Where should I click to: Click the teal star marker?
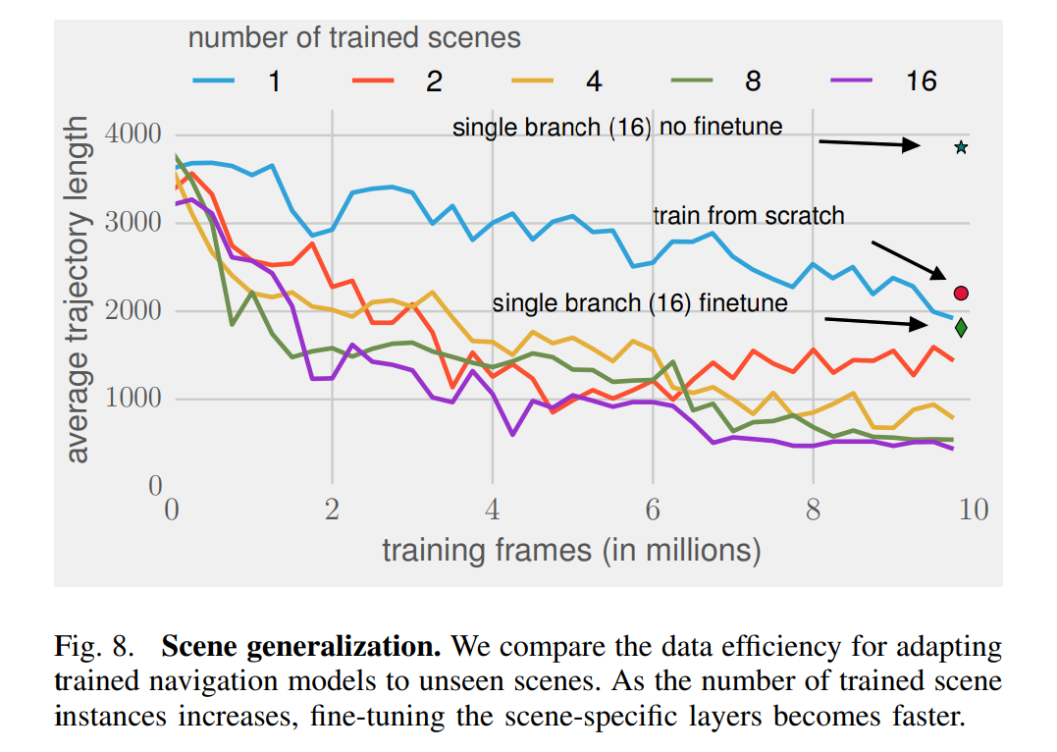coord(961,148)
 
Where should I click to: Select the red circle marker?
coord(961,293)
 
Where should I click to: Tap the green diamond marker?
coord(961,328)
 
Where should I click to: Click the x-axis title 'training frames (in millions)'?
coord(571,550)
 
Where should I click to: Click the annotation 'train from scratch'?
coord(748,216)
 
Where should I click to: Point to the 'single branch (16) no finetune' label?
coord(617,127)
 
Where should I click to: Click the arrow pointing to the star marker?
coord(870,144)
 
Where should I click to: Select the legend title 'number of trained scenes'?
coord(354,38)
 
